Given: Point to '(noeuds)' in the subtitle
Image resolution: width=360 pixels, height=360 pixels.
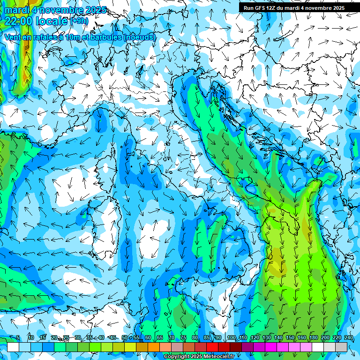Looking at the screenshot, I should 140,37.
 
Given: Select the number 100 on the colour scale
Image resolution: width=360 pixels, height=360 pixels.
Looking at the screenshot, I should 232,338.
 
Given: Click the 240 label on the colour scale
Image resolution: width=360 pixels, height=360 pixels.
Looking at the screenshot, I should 349,338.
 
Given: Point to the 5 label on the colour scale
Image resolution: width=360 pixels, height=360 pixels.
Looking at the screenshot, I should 18,338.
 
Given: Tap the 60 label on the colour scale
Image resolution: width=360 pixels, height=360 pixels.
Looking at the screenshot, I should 148,338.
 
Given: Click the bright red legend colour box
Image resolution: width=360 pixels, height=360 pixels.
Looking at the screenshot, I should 212,347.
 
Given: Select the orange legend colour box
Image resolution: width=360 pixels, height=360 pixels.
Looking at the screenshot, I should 154,347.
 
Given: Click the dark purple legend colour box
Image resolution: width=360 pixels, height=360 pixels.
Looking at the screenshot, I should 247,347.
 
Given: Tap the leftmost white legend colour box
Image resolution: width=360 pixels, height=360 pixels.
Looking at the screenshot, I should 13,347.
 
